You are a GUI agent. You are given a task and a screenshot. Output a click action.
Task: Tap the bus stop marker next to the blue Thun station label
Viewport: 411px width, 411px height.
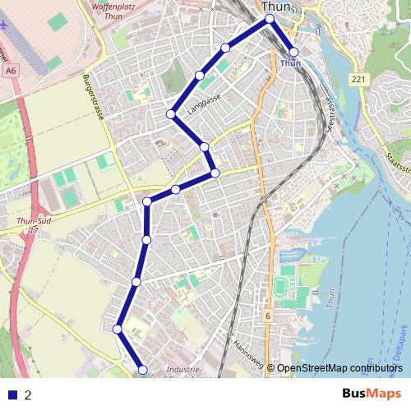click(294, 52)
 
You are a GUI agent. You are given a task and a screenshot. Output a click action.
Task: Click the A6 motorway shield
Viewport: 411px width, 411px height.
click(10, 72)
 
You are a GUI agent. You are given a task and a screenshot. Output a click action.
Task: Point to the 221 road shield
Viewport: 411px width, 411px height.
click(357, 80)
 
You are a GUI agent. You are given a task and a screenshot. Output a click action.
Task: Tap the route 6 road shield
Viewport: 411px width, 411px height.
click(268, 316)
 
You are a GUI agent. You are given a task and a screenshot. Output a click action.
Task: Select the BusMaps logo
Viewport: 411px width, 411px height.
click(371, 395)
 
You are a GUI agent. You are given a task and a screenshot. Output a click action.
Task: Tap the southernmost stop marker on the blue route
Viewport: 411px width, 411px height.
click(142, 371)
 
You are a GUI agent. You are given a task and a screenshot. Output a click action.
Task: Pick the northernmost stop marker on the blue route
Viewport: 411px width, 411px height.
click(269, 18)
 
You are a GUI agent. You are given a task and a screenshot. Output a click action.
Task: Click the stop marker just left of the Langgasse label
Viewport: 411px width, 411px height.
click(171, 113)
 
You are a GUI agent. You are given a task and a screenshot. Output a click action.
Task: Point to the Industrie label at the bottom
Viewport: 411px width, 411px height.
click(184, 370)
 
